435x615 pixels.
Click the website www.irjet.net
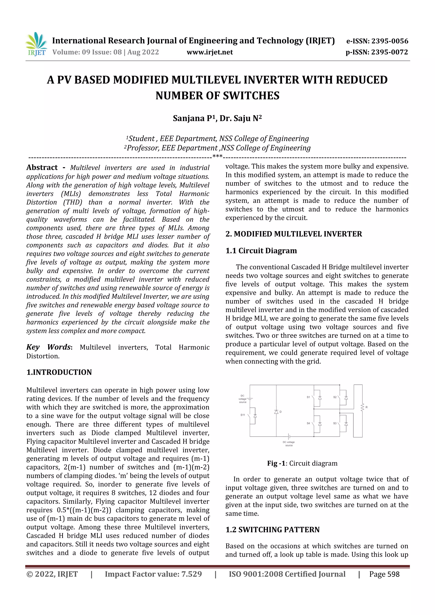point(210,52)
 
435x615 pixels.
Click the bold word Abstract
point(42,168)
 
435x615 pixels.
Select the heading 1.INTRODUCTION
point(59,372)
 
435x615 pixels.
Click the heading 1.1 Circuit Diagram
point(261,251)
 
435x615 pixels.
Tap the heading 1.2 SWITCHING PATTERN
point(272,530)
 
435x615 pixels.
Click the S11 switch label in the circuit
point(243,415)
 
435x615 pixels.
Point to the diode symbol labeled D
point(276,412)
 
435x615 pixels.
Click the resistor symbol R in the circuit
point(362,407)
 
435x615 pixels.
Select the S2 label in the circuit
point(335,397)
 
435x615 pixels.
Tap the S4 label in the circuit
point(308,423)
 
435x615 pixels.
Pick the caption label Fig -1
point(276,463)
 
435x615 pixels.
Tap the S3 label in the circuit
point(335,423)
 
